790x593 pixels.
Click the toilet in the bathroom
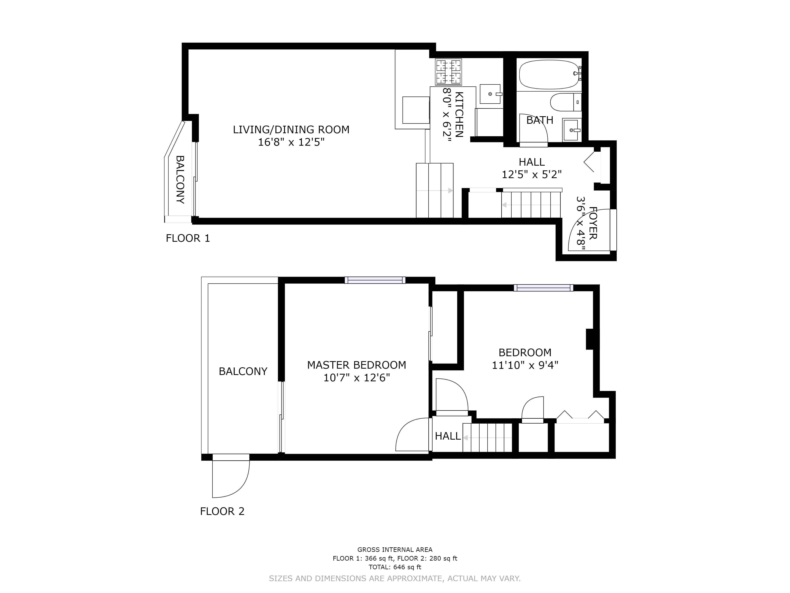[x=562, y=102]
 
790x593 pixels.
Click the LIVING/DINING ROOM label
[x=291, y=130]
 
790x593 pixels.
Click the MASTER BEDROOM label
[x=356, y=365]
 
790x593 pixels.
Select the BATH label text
[x=540, y=120]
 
